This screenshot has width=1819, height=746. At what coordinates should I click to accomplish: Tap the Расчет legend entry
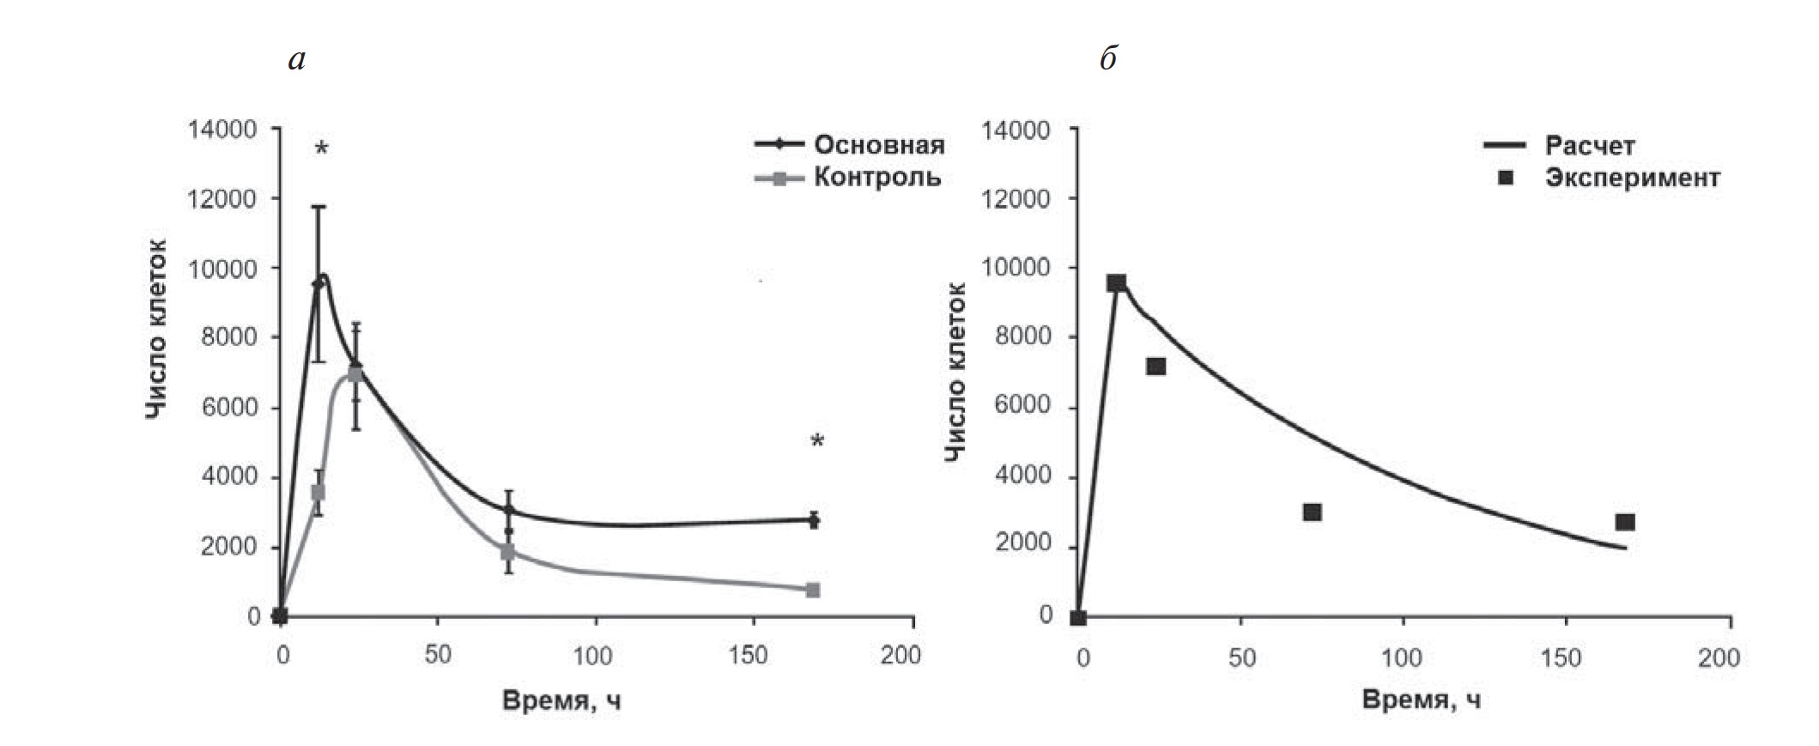click(1589, 146)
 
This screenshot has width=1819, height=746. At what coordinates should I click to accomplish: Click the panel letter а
click(297, 60)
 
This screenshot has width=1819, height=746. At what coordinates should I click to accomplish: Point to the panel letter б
click(1108, 60)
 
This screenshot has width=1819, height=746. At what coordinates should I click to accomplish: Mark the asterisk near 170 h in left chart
click(817, 442)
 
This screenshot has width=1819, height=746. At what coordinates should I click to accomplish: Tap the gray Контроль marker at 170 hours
click(813, 590)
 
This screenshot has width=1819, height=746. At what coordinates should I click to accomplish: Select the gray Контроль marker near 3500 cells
click(318, 492)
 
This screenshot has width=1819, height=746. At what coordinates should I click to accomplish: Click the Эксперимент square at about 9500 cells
click(1116, 283)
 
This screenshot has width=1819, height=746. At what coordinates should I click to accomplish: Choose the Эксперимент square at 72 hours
click(1312, 512)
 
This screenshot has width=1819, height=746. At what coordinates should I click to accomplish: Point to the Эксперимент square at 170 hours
click(1625, 522)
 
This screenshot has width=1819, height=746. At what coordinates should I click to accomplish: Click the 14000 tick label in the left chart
click(222, 130)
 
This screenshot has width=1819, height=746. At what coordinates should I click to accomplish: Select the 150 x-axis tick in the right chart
click(1560, 658)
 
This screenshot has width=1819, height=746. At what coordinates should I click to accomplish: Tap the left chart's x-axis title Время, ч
click(561, 701)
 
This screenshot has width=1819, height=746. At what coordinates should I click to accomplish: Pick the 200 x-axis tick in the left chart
click(900, 655)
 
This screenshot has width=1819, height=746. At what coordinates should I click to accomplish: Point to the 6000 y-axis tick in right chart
click(1022, 405)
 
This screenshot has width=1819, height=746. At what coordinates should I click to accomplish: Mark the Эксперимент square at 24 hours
click(1155, 367)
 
